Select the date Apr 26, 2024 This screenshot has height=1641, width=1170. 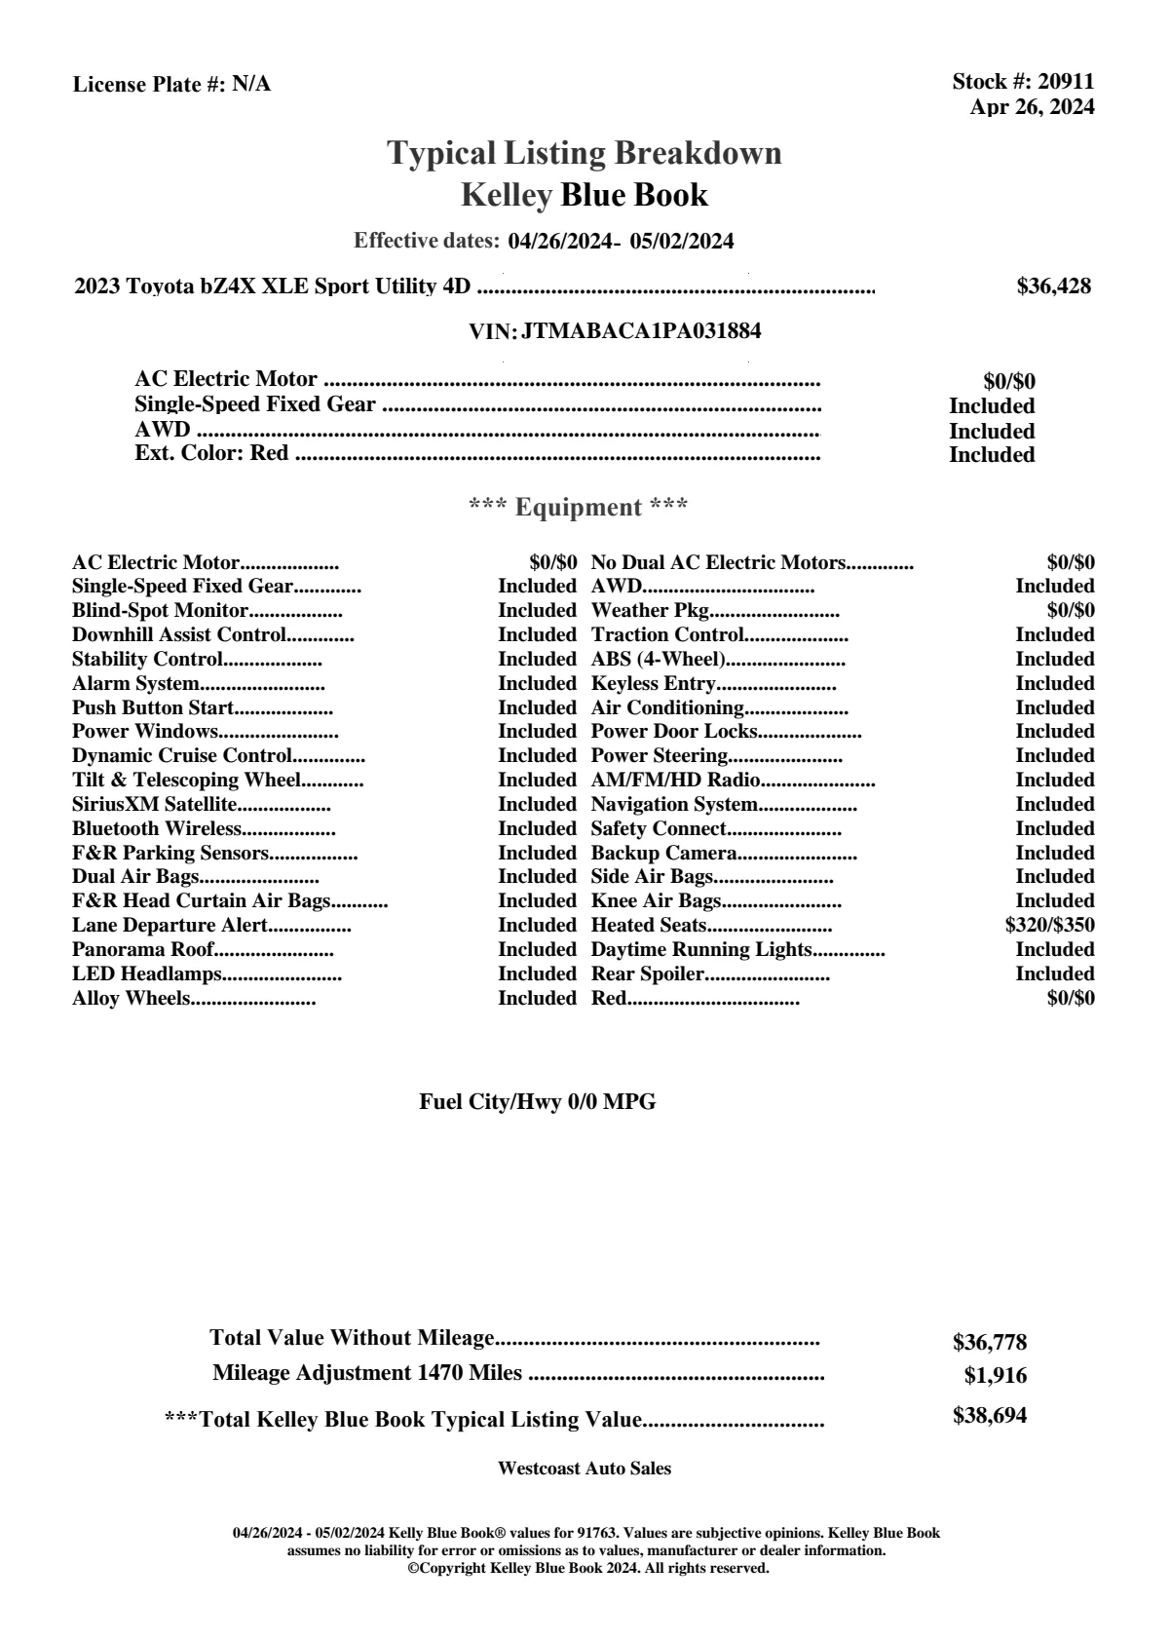point(1032,107)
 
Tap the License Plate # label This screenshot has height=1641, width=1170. point(150,85)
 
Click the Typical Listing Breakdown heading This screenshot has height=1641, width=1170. point(585,153)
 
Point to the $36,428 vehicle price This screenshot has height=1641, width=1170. point(1053,286)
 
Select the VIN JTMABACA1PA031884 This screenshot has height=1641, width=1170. point(641,331)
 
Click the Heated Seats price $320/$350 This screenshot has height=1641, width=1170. point(1049,926)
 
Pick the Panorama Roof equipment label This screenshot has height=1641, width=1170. point(143,950)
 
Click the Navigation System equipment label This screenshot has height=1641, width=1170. point(674,805)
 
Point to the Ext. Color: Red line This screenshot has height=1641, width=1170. point(211,454)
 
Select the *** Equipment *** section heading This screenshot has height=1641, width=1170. point(579,508)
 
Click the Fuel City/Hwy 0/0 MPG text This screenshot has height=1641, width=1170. point(538,1102)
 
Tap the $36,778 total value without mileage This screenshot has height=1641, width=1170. point(990,1343)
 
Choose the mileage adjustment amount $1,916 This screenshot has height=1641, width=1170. point(996,1376)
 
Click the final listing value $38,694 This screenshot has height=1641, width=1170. point(990,1416)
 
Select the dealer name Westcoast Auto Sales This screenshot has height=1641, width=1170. point(585,1469)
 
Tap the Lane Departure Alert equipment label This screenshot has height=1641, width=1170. point(170,926)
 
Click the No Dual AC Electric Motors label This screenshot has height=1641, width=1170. point(718,563)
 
